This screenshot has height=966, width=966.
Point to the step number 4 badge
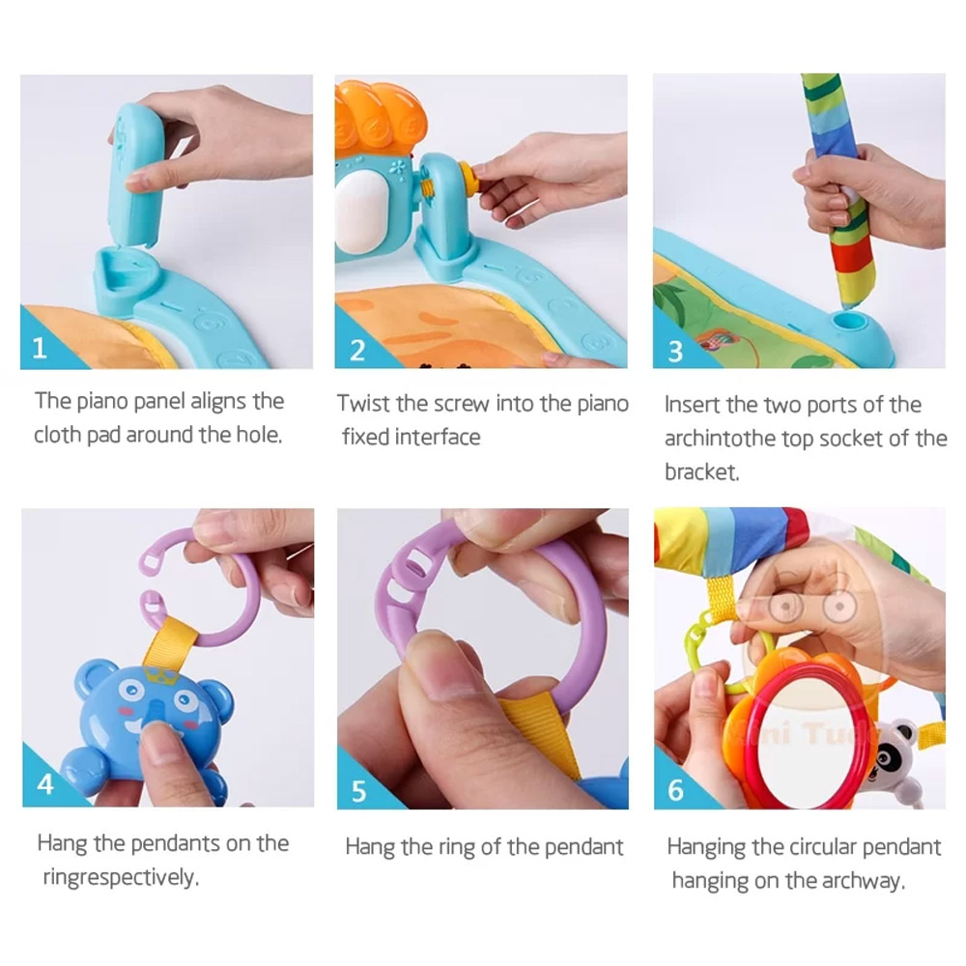[x=45, y=784]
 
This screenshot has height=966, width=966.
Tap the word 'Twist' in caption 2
[x=363, y=404]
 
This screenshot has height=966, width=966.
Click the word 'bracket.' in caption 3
[x=701, y=472]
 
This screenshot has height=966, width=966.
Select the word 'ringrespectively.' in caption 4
[x=121, y=877]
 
